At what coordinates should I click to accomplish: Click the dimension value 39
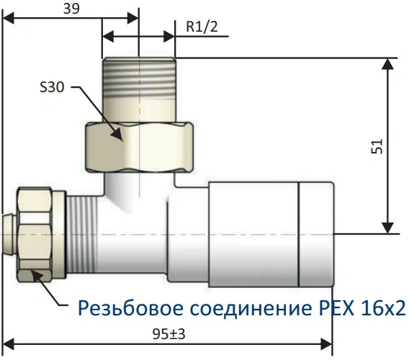71,9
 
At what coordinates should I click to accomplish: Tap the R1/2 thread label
202,27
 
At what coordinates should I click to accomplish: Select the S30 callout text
52,87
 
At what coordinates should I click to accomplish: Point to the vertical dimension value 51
377,146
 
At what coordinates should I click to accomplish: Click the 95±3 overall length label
168,334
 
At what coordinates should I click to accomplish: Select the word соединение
251,308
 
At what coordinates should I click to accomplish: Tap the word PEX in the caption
337,308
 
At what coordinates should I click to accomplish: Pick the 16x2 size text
384,308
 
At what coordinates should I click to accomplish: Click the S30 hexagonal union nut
140,148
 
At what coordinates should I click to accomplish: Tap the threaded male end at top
139,90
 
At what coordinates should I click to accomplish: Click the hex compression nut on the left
40,235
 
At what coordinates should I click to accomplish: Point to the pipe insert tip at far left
9,234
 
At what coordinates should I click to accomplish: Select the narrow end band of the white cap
316,234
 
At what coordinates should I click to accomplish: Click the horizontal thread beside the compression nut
81,234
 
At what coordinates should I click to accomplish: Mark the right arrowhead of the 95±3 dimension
326,344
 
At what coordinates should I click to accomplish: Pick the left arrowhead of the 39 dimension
9,18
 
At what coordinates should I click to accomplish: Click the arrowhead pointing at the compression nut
37,276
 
